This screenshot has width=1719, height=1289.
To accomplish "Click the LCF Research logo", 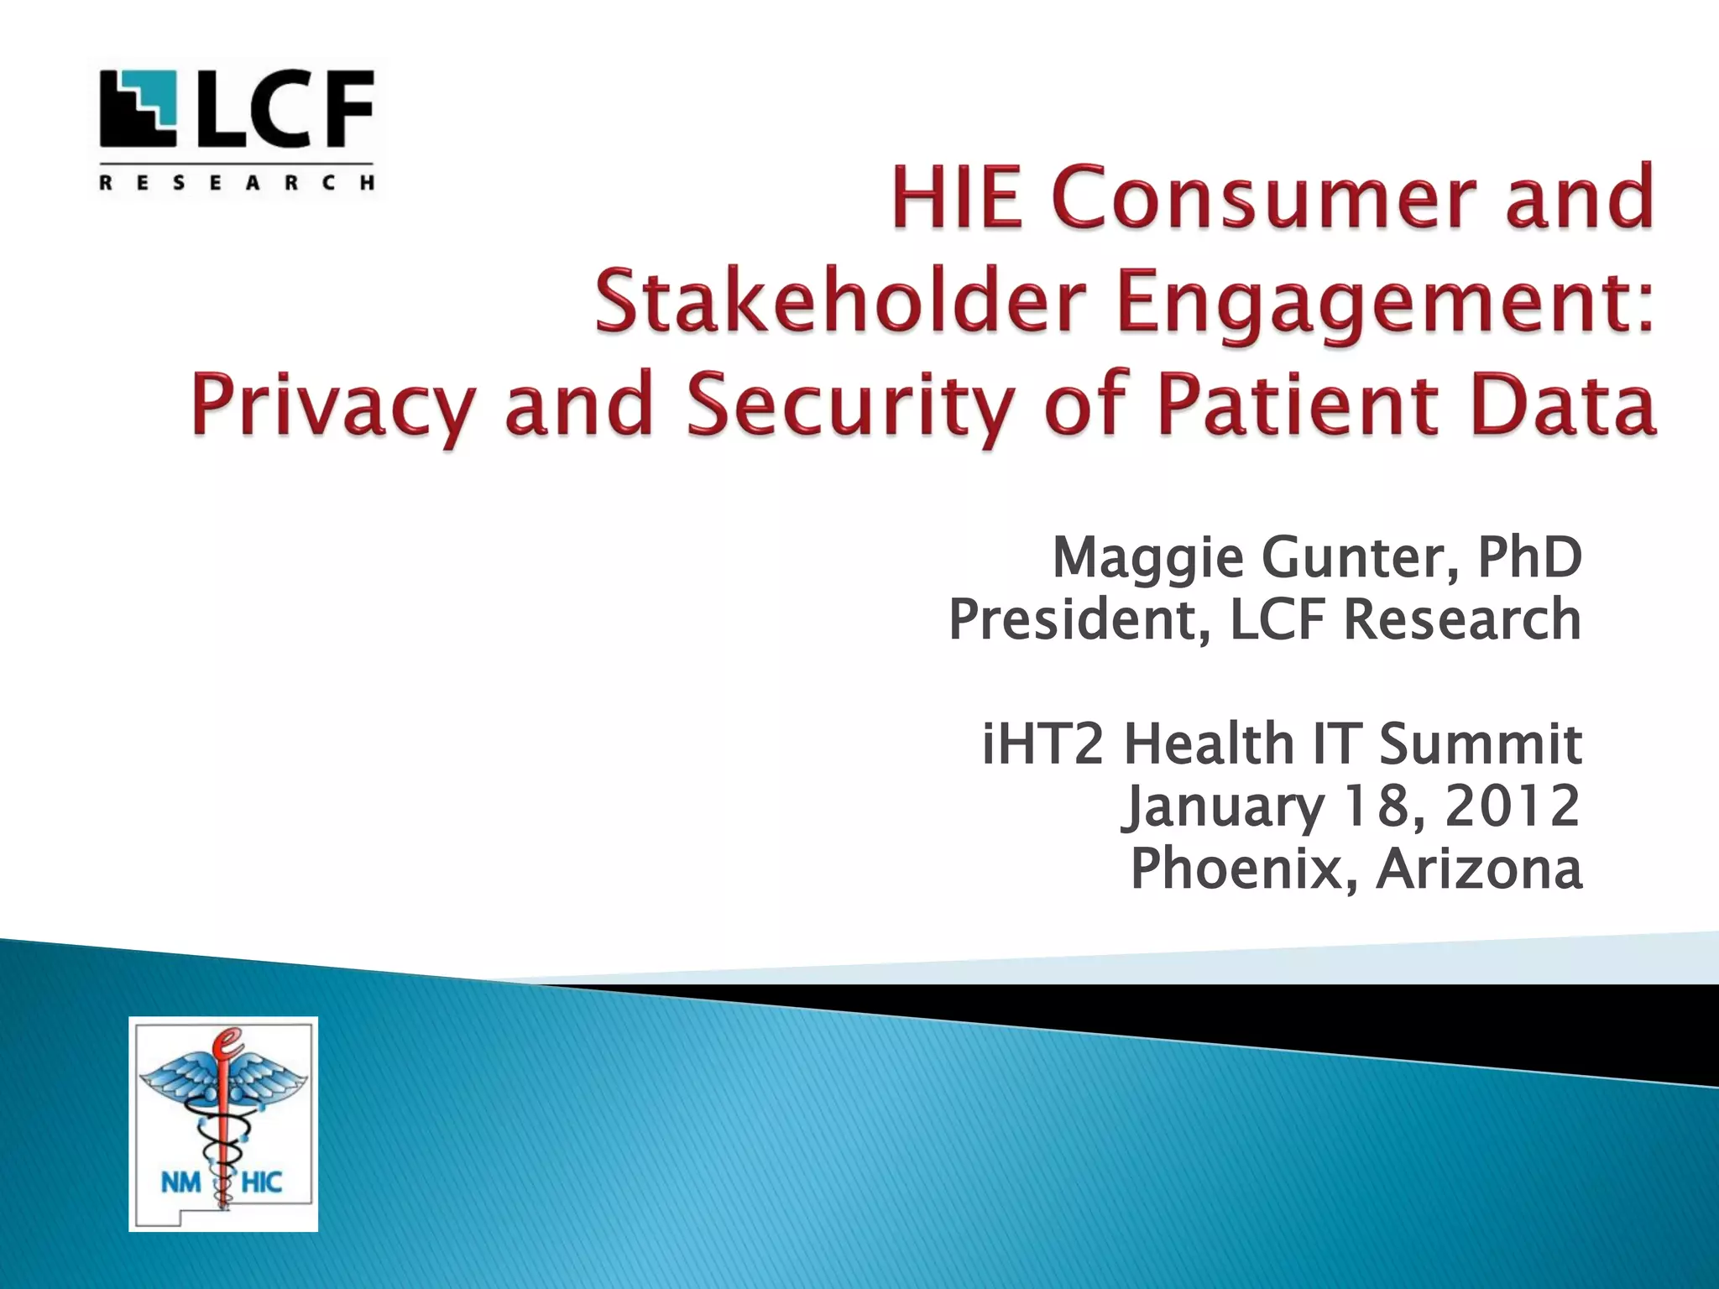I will [238, 129].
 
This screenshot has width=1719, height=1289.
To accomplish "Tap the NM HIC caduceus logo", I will [223, 1124].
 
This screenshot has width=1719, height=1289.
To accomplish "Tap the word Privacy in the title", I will [334, 406].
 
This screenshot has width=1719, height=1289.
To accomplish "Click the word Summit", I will [1480, 744].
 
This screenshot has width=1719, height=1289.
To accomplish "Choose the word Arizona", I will [1479, 869].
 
